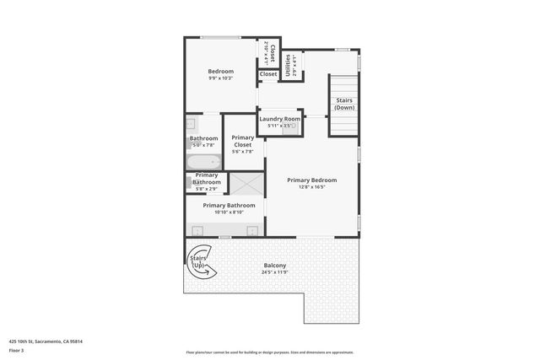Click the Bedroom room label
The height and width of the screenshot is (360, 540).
(221, 72)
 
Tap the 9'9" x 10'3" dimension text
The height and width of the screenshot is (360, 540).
(221, 78)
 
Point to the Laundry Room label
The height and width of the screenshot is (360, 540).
(279, 119)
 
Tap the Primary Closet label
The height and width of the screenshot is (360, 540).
(242, 141)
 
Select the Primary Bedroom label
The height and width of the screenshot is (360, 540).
(311, 180)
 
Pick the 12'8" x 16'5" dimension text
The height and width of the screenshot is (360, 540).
(311, 187)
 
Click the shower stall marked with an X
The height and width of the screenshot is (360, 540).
(248, 182)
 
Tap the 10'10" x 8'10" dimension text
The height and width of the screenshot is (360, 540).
(224, 212)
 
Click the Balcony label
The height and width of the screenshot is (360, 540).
(275, 266)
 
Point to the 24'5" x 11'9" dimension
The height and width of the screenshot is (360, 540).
(275, 272)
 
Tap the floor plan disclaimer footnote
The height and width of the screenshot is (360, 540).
(269, 352)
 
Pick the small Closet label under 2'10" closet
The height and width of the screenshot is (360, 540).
(268, 74)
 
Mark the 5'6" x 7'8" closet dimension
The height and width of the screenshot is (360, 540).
(242, 152)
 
